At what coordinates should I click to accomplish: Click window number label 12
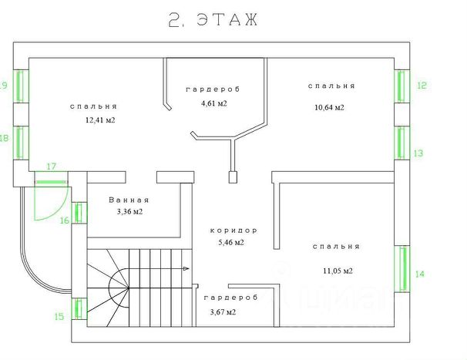tap(421, 86)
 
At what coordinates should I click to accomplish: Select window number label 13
tap(418, 153)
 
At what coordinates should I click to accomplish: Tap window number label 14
tap(420, 274)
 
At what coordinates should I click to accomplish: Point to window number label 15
tap(59, 316)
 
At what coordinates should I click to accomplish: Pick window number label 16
tap(65, 220)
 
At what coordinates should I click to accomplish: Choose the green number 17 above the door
tap(52, 166)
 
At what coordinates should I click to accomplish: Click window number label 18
tap(4, 139)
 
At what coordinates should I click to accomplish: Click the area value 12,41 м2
tap(100, 120)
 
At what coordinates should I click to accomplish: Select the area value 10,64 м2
tap(329, 107)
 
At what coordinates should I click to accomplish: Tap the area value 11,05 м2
tap(338, 271)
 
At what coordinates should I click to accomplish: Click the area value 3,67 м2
tap(223, 312)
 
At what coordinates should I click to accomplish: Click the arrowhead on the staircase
tap(186, 269)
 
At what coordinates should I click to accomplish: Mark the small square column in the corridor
tap(232, 178)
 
